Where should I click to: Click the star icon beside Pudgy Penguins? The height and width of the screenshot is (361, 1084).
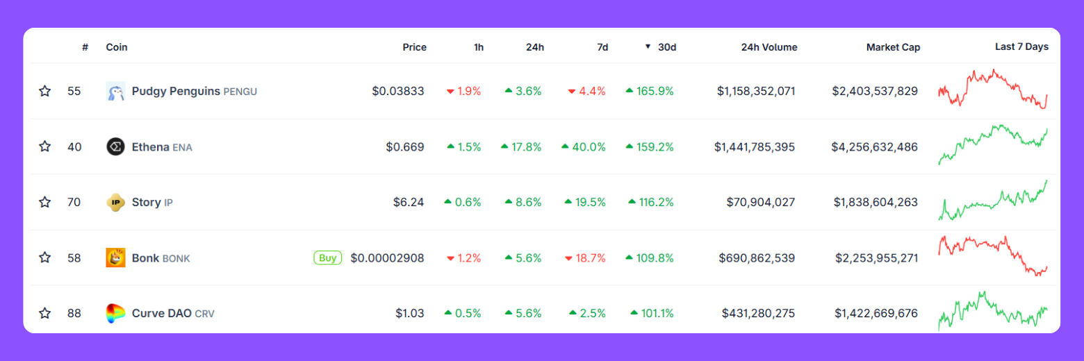(45, 91)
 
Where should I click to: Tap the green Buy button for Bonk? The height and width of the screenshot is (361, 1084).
(327, 258)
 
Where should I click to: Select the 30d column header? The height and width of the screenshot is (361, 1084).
(666, 47)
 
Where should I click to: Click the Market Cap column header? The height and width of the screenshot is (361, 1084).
(893, 47)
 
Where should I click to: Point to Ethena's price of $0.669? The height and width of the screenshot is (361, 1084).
(405, 147)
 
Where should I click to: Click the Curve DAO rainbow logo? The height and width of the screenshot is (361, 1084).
(115, 314)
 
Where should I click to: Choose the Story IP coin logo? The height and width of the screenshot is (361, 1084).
(115, 203)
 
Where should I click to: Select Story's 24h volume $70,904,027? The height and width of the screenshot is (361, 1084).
(760, 203)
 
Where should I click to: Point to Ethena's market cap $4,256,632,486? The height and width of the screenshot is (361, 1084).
(874, 147)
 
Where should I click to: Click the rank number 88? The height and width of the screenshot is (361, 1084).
(74, 314)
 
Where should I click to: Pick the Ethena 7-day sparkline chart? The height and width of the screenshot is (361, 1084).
(992, 144)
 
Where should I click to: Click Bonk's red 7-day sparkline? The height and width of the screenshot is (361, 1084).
(992, 255)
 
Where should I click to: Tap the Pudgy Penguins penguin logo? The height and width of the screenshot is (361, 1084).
(115, 91)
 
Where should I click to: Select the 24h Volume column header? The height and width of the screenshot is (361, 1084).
(769, 47)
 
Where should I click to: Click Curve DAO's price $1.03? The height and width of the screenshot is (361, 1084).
(410, 314)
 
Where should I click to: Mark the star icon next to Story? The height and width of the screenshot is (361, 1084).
(45, 203)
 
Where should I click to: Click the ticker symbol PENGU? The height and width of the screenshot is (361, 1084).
(240, 92)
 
